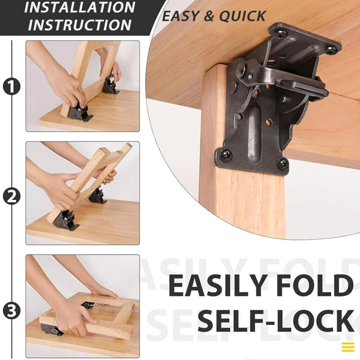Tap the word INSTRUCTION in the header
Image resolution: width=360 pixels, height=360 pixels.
pyautogui.click(x=80, y=25)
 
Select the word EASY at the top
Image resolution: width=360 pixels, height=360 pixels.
pyautogui.click(x=183, y=16)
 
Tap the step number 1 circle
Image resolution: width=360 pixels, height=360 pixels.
pyautogui.click(x=11, y=86)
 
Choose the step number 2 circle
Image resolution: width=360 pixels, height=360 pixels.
pyautogui.click(x=11, y=194)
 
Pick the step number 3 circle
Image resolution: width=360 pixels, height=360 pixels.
pyautogui.click(x=11, y=311)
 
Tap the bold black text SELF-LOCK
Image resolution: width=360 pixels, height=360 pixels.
pyautogui.click(x=275, y=322)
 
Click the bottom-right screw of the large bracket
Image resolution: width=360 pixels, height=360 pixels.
pyautogui.click(x=281, y=163)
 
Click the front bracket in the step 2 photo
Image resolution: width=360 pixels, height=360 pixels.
pyautogui.click(x=65, y=220)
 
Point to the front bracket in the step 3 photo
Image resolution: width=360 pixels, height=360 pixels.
pyautogui.click(x=50, y=328)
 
